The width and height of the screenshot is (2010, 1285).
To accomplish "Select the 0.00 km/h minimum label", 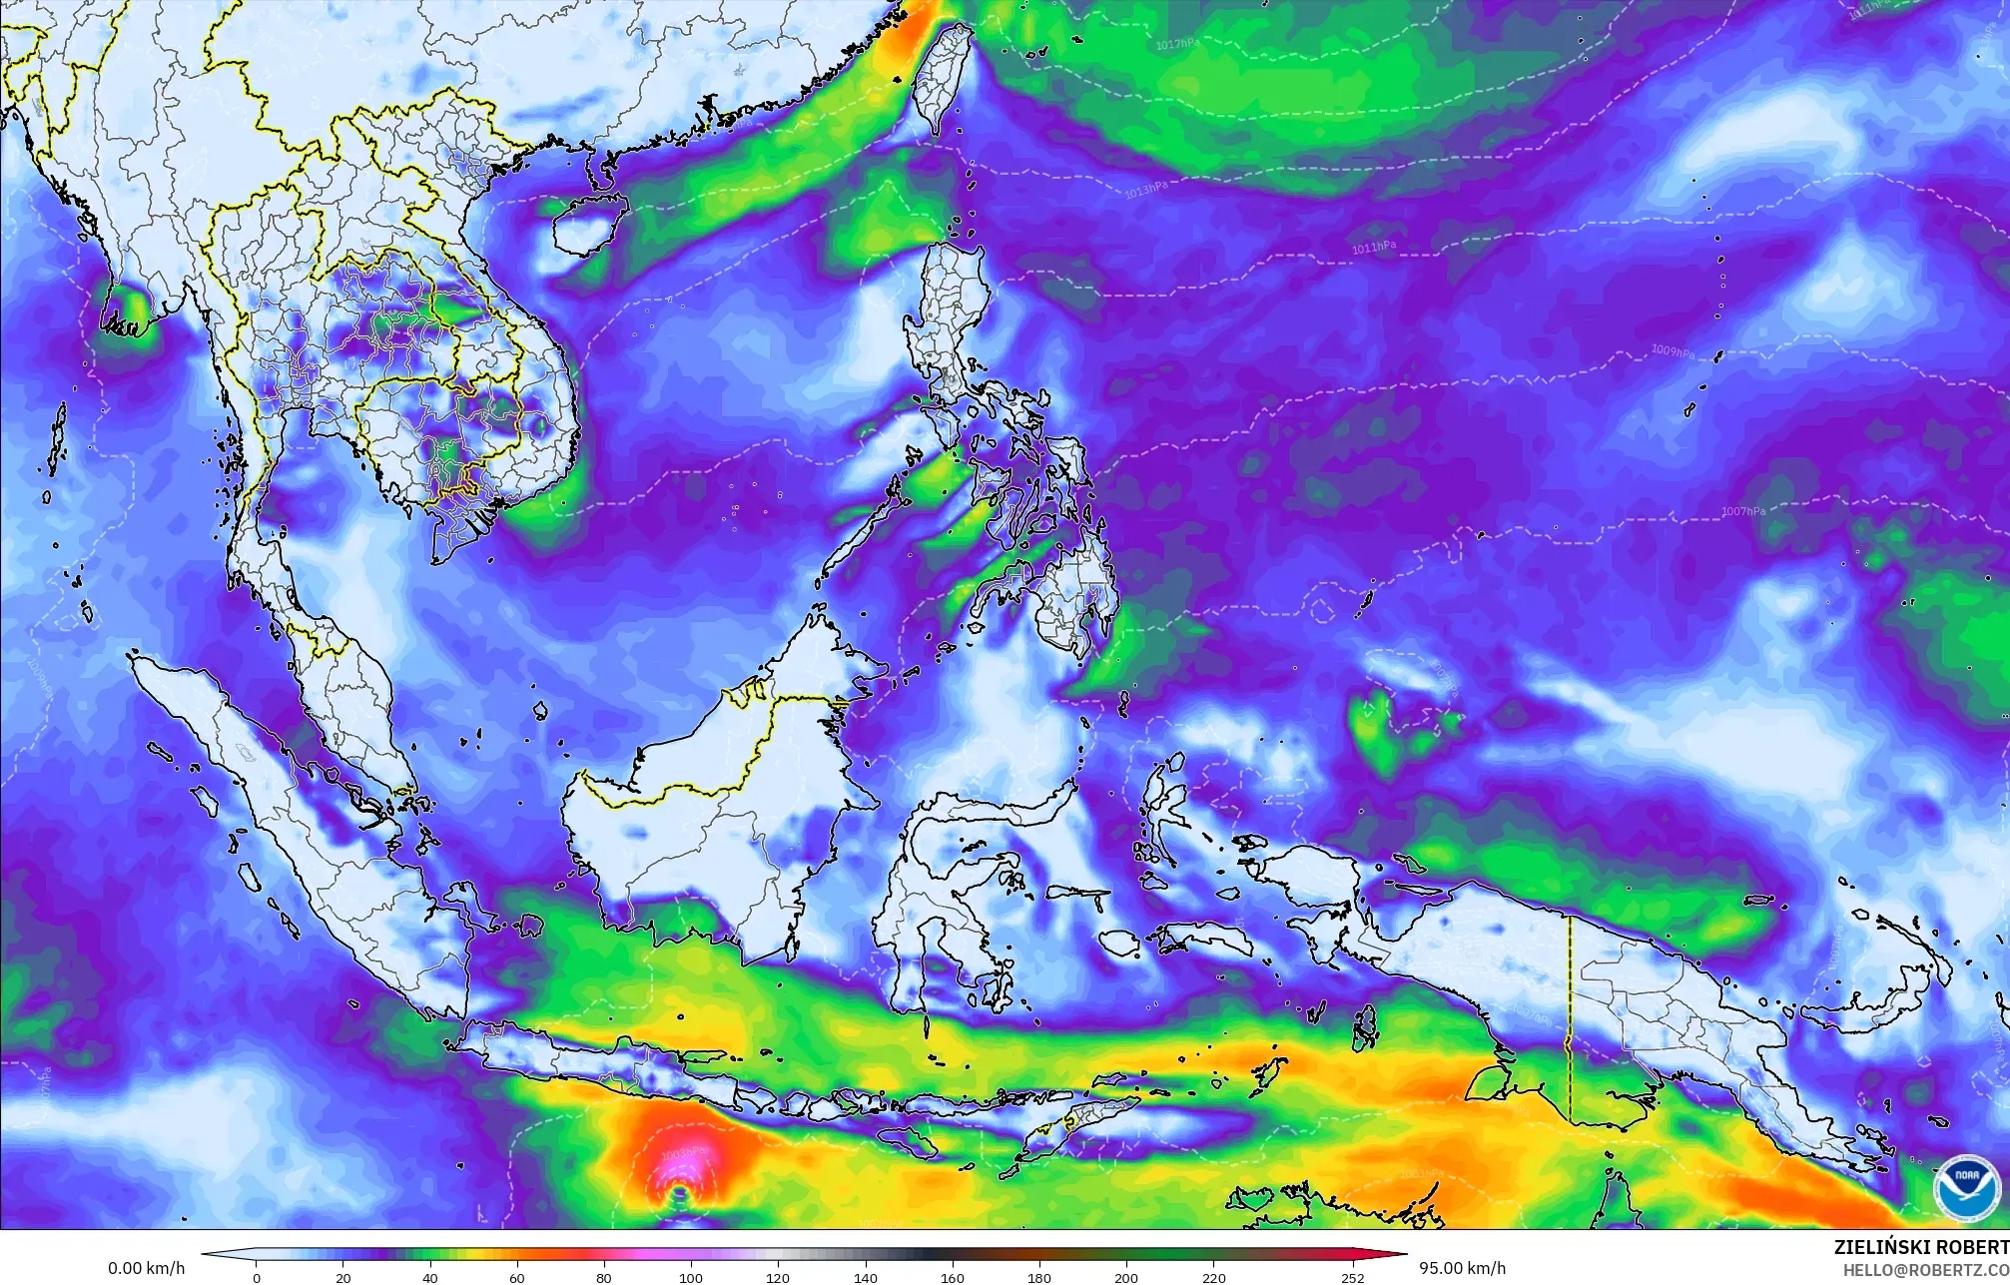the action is tap(146, 1268).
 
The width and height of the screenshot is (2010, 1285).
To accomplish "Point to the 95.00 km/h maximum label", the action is tap(1462, 1268).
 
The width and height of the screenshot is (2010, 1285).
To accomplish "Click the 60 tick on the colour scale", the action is tap(517, 1278).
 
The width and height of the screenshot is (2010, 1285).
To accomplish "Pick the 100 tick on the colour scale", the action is tap(691, 1278).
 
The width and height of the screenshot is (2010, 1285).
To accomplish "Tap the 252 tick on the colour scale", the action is tap(1353, 1278).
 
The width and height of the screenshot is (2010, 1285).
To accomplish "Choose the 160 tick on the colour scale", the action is tap(952, 1278).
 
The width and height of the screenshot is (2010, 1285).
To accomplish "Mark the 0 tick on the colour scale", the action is tap(257, 1278).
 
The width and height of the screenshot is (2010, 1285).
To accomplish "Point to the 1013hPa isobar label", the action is tap(1145, 189).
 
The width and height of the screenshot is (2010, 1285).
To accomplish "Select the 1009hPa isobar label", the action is tap(1673, 351).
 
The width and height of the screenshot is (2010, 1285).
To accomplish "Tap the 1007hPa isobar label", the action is tap(1742, 511).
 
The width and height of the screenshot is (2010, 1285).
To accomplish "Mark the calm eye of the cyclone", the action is tap(679, 1190).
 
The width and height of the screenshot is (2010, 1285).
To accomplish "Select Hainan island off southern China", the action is tap(587, 226).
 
